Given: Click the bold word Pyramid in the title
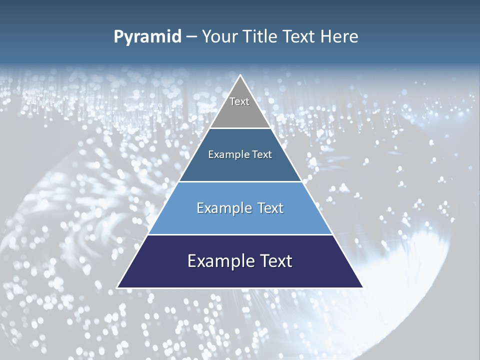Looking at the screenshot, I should click(147, 37).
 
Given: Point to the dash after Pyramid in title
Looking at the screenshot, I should click(191, 37).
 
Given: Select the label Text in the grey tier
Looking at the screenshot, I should click(239, 101).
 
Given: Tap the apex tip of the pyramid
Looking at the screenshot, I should click(240, 76).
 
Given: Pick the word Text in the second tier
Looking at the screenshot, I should click(262, 155).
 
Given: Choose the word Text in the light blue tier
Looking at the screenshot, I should click(270, 208).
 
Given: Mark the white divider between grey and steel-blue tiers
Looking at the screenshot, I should click(240, 128).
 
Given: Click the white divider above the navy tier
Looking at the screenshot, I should click(240, 234).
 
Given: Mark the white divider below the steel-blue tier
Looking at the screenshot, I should click(240, 181).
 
